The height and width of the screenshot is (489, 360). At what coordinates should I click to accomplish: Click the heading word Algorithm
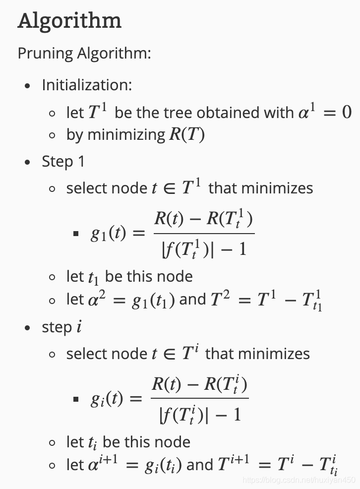pyautogui.click(x=69, y=21)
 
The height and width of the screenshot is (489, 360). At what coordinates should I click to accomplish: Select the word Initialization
pyautogui.click(x=87, y=85)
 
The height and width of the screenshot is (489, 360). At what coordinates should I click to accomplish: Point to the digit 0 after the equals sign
pyautogui.click(x=347, y=112)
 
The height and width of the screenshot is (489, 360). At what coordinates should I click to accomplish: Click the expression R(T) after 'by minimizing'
pyautogui.click(x=187, y=135)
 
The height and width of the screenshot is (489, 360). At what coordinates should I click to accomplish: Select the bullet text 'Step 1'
pyautogui.click(x=63, y=162)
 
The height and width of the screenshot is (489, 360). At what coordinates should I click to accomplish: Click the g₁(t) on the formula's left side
pyautogui.click(x=108, y=234)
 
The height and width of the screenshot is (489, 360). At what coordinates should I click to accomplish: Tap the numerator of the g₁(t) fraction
pyautogui.click(x=203, y=219)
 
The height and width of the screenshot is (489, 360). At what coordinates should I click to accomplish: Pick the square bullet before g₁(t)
pyautogui.click(x=76, y=234)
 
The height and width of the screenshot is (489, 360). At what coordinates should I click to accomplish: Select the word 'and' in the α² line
pyautogui.click(x=192, y=300)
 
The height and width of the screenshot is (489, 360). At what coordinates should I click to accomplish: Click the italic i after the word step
pyautogui.click(x=79, y=327)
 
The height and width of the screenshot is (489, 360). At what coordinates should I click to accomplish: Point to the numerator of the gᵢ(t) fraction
pyautogui.click(x=199, y=384)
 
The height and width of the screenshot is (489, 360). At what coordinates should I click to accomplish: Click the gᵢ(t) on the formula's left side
pyautogui.click(x=107, y=399)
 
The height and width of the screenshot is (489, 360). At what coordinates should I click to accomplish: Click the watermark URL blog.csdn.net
pyautogui.click(x=299, y=480)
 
